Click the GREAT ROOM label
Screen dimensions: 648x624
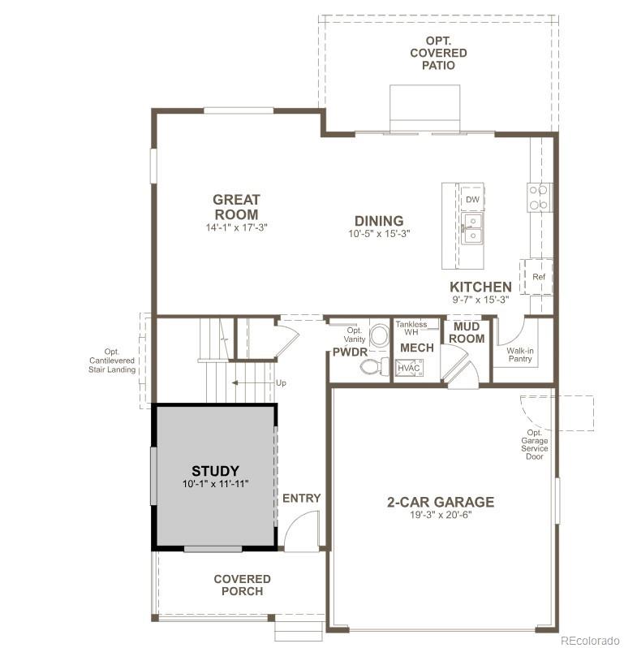pyautogui.click(x=236, y=207)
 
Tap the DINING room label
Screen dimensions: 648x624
pyautogui.click(x=378, y=221)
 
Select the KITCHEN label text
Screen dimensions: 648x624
pyautogui.click(x=481, y=287)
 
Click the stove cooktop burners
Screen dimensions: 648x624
pyautogui.click(x=538, y=197)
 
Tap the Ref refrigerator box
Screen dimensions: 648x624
pyautogui.click(x=538, y=277)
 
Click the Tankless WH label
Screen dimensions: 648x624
pyautogui.click(x=411, y=328)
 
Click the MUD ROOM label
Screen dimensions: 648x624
pyautogui.click(x=467, y=333)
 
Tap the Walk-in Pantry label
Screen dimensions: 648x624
pyautogui.click(x=520, y=356)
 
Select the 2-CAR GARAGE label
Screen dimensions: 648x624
pyautogui.click(x=440, y=502)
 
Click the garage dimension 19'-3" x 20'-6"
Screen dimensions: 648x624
pyautogui.click(x=440, y=515)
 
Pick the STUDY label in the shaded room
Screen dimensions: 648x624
pyautogui.click(x=215, y=471)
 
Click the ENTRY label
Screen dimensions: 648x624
pyautogui.click(x=301, y=498)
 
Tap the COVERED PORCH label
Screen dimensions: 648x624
pyautogui.click(x=242, y=585)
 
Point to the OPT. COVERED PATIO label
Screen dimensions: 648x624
pyautogui.click(x=437, y=53)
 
